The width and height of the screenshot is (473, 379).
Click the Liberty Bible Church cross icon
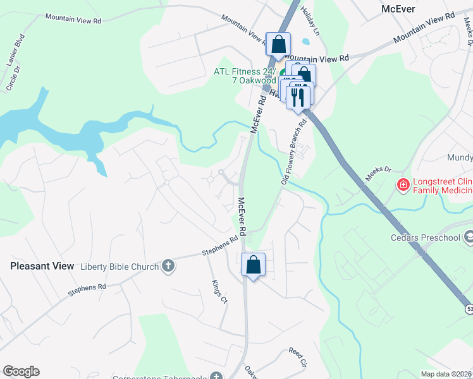point(168,266)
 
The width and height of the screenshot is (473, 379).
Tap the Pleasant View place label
point(42,267)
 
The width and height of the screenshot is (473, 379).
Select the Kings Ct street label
point(219,291)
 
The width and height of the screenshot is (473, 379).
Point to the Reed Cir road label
point(297,357)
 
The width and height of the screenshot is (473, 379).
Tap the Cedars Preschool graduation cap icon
point(469,236)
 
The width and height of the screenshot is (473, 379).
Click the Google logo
point(21,371)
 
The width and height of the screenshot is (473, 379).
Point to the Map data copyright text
point(446,374)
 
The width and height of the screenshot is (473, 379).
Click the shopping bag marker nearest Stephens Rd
point(253,265)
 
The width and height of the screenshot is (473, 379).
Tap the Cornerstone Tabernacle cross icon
point(216,376)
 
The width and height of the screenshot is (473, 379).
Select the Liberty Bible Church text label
point(120,267)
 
